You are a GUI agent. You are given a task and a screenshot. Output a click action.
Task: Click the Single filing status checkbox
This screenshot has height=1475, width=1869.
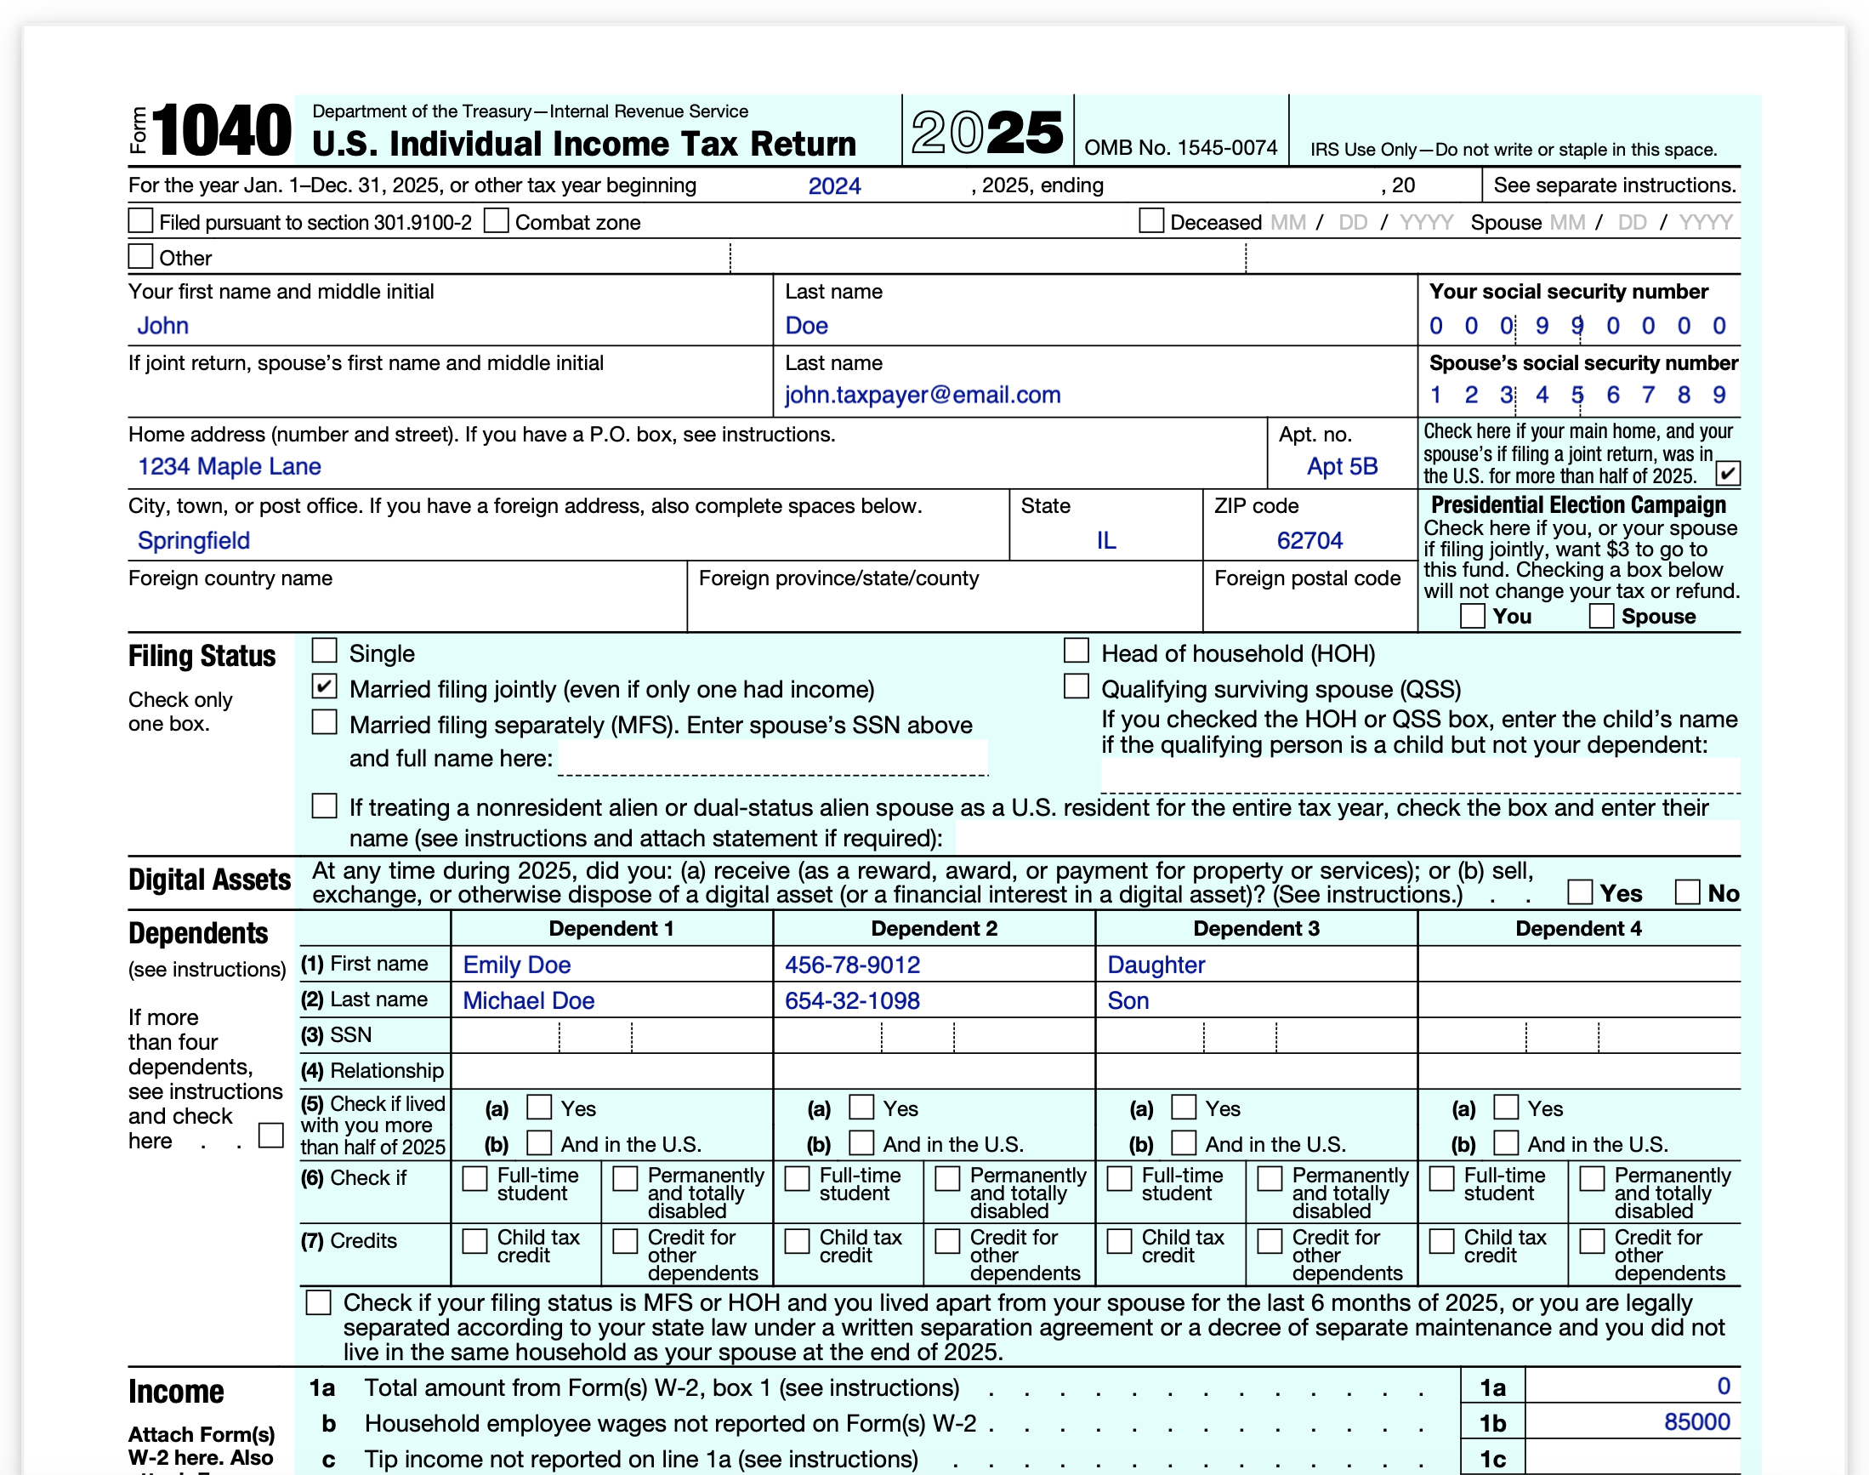[324, 650]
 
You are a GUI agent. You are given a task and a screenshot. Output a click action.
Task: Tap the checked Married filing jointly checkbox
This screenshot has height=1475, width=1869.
[324, 686]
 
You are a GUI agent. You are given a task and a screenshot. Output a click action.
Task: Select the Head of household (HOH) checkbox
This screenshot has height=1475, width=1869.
[1076, 650]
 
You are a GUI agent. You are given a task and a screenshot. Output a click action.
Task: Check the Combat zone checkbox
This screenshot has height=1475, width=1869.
[496, 221]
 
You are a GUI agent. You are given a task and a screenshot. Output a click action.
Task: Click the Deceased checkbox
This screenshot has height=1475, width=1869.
[1150, 221]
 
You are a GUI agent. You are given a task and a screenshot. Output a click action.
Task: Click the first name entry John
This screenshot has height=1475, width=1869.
[162, 326]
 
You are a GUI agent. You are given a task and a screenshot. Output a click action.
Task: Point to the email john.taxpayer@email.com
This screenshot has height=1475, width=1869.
[922, 395]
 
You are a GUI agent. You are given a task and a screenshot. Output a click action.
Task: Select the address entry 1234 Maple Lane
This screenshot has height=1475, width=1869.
[229, 466]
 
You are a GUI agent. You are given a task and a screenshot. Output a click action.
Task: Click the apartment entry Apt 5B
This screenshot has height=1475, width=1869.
[1342, 466]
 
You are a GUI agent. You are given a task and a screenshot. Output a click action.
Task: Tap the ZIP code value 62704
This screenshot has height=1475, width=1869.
[1309, 541]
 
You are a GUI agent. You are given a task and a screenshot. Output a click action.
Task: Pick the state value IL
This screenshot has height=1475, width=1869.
[1106, 541]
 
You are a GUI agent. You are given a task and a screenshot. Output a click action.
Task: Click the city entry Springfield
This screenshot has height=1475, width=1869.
[193, 541]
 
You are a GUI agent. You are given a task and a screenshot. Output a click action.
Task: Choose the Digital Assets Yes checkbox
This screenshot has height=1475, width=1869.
[1579, 891]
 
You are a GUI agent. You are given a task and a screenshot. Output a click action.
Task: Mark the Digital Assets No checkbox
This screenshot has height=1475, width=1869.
[1687, 891]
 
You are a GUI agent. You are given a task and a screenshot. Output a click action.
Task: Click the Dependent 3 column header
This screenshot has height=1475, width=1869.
[1256, 928]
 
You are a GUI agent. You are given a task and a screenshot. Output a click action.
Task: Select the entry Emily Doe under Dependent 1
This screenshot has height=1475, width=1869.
[516, 965]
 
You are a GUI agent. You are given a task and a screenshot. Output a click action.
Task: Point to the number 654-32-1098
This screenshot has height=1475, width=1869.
[852, 1001]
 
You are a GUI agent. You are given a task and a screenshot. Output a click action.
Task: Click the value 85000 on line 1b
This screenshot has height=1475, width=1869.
[1696, 1422]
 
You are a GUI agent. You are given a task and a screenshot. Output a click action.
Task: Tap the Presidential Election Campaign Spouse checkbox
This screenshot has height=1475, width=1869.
[1601, 616]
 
